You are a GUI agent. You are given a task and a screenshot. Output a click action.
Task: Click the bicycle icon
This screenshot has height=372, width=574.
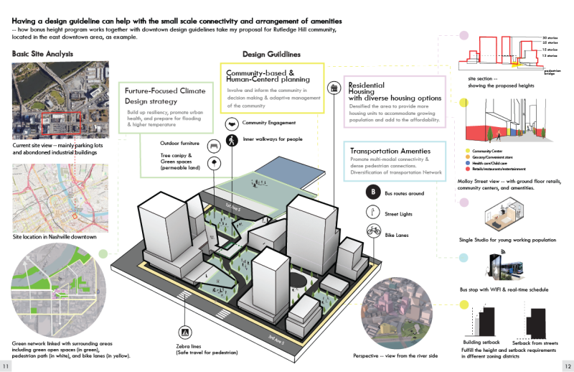click(372, 231)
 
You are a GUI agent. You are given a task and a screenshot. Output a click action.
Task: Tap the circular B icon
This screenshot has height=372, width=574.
click(372, 192)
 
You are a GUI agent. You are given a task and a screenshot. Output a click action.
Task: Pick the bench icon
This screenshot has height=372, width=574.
click(214, 147)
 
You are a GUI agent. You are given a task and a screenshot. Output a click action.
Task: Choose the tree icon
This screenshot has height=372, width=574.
click(214, 164)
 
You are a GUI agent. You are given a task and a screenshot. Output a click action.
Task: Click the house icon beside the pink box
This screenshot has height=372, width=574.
click(334, 88)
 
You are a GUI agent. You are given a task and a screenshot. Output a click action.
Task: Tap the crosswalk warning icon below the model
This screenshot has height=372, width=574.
click(185, 332)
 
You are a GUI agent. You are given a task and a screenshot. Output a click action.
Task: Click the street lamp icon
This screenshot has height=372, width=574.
click(372, 211)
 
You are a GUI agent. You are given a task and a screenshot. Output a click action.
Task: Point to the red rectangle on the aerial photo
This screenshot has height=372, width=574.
click(63, 123)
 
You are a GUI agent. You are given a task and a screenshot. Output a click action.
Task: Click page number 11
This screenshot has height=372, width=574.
click(6, 363)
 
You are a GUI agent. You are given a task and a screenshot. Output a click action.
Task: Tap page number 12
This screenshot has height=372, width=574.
click(568, 363)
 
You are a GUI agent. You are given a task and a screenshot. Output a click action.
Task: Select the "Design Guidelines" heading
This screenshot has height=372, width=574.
click(270, 54)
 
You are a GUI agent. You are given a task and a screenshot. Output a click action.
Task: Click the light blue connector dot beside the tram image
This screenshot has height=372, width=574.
click(464, 258)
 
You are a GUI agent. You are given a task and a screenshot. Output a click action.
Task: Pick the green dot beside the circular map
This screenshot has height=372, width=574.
click(103, 253)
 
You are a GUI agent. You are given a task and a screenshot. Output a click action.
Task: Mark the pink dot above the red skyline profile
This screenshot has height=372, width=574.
click(464, 34)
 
